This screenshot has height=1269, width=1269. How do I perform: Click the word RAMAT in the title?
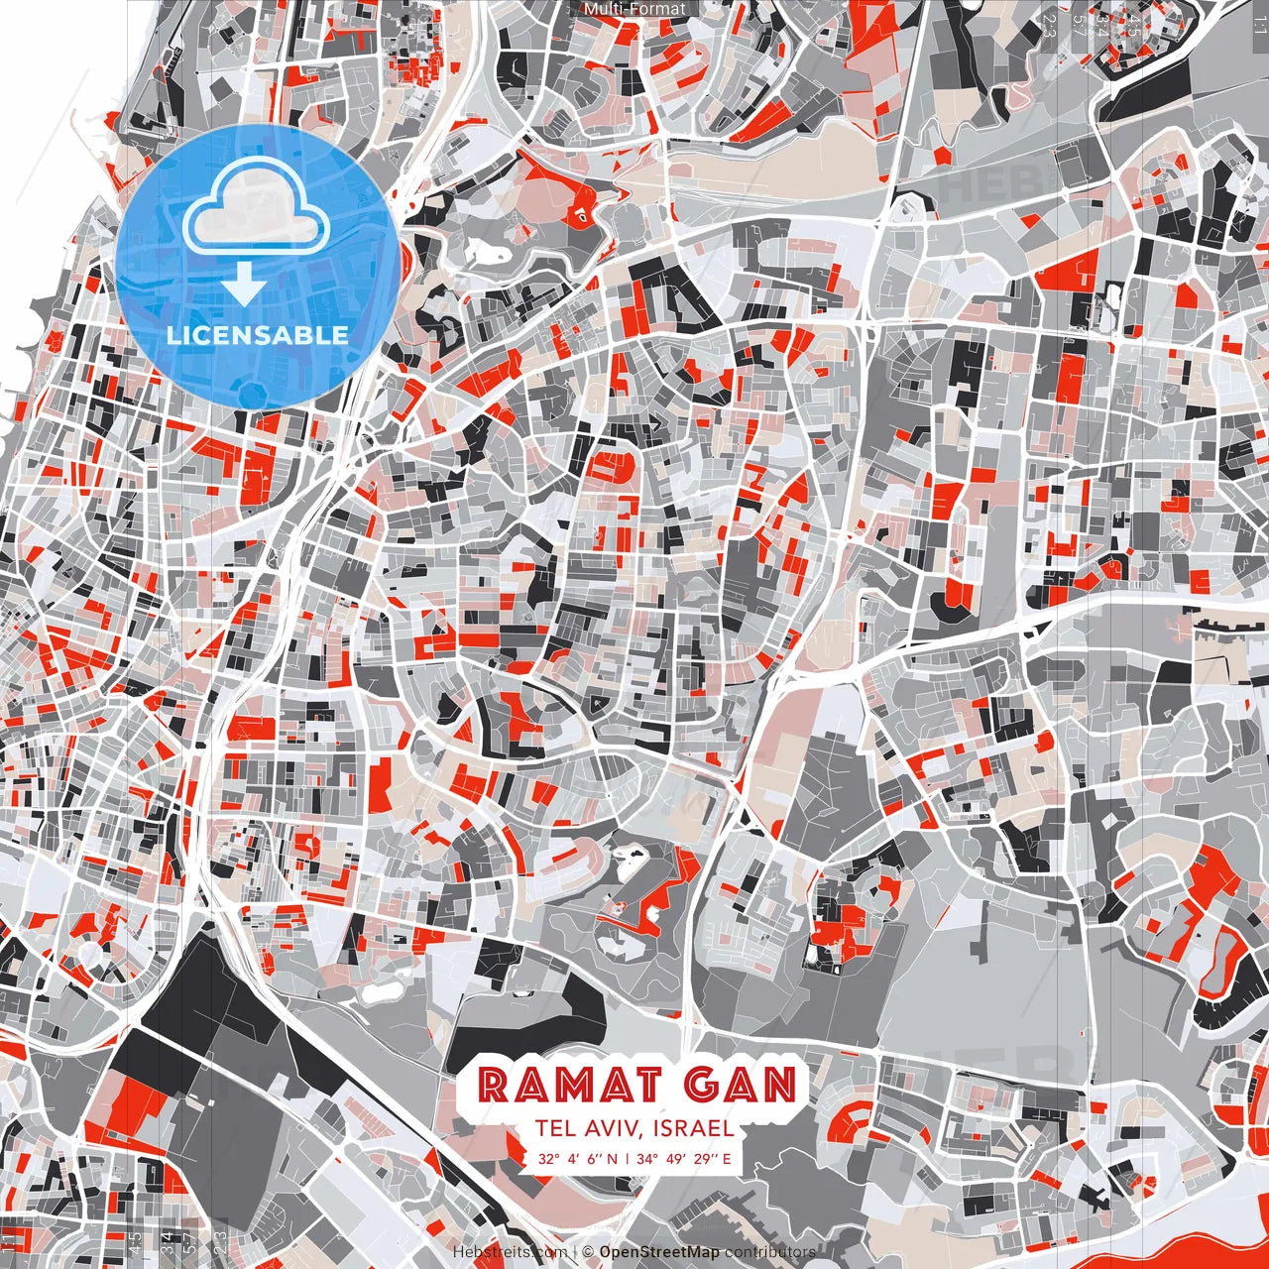click(x=562, y=1086)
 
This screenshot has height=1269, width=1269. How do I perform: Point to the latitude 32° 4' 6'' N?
click(x=578, y=1158)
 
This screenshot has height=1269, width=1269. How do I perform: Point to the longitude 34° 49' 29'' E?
click(x=684, y=1158)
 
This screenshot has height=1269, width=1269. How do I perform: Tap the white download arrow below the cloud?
click(x=243, y=288)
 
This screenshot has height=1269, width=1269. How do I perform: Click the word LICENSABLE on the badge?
click(x=258, y=334)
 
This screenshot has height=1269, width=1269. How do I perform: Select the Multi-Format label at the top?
click(x=634, y=9)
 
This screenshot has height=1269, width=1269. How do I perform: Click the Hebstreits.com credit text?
click(x=511, y=1252)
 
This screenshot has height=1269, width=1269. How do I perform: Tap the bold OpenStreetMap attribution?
click(x=659, y=1252)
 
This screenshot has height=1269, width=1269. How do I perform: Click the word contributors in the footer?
click(x=770, y=1252)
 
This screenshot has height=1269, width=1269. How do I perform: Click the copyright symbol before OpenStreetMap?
click(x=588, y=1252)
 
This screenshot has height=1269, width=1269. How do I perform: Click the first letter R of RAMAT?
click(x=493, y=1086)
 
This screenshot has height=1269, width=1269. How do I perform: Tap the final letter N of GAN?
click(x=781, y=1086)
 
